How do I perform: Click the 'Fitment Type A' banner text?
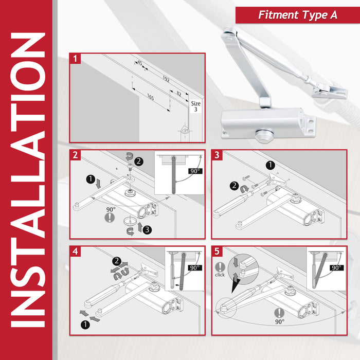pos(298,15)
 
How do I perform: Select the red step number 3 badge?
pos(217,154)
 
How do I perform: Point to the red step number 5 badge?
pos(217,251)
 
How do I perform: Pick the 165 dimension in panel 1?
pos(150,97)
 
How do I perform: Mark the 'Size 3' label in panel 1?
pos(196,106)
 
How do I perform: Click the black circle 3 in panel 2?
pos(147,229)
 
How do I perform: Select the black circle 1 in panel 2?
pos(91,179)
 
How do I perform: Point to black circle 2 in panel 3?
pos(233,186)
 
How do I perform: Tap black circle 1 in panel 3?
pos(270,165)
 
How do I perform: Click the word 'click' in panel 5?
pos(220,275)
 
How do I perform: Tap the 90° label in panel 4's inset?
pos(193,268)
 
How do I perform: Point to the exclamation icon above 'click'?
pos(220,266)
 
